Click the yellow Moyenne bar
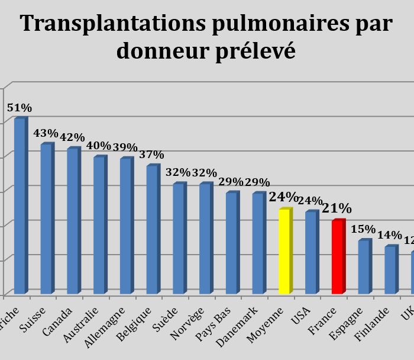pyautogui.click(x=284, y=251)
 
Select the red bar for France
pyautogui.click(x=338, y=257)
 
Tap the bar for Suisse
pyautogui.click(x=46, y=219)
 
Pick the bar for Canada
pyautogui.click(x=73, y=221)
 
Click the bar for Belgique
pyautogui.click(x=152, y=229)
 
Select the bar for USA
pyautogui.click(x=311, y=253)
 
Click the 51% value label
pyautogui.click(x=19, y=108)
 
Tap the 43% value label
pyautogui.click(x=46, y=133)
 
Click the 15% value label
pyautogui.click(x=363, y=229)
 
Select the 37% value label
pyautogui.click(x=152, y=154)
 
